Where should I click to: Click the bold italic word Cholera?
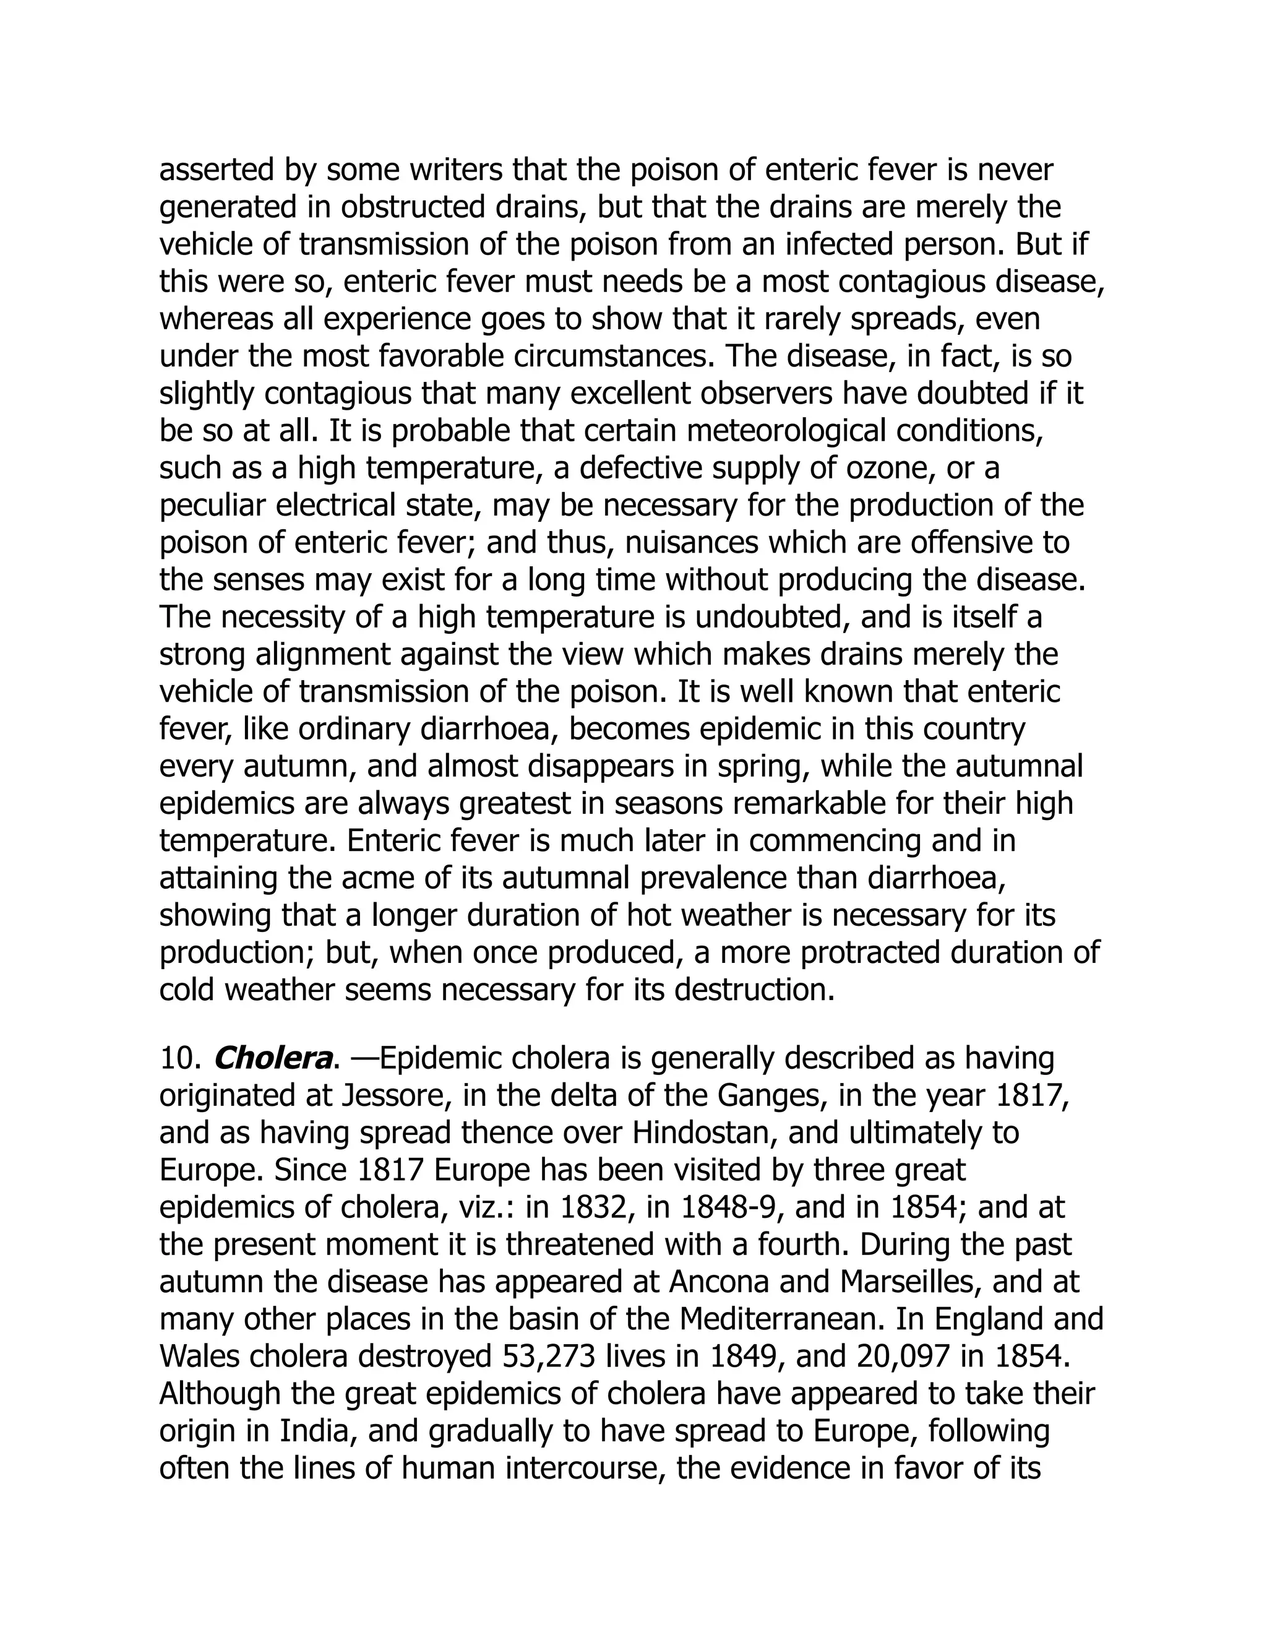coord(272,1059)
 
